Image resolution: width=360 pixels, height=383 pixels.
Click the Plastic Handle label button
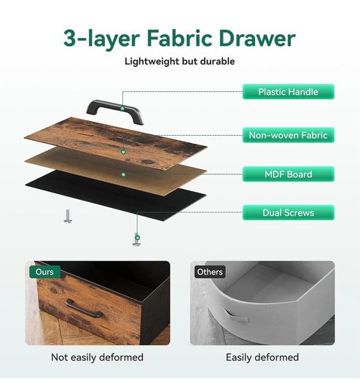click(x=289, y=92)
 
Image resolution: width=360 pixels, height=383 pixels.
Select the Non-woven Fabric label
click(x=289, y=135)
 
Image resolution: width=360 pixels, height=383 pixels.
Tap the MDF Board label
click(x=289, y=174)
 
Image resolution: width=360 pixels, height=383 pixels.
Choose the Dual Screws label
click(x=289, y=212)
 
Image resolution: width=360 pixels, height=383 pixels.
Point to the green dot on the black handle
click(x=122, y=108)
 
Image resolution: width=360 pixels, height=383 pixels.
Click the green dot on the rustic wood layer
click(x=123, y=152)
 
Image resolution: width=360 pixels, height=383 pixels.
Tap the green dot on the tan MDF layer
click(x=123, y=174)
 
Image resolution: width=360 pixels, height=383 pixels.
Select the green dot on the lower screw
click(x=138, y=238)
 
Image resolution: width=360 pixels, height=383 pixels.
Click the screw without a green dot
click(x=68, y=217)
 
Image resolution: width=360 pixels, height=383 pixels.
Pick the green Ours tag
click(x=44, y=272)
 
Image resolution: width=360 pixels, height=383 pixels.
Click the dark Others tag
click(x=210, y=272)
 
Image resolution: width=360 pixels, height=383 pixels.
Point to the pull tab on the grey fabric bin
click(x=235, y=317)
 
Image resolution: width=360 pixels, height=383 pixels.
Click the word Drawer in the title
click(x=257, y=39)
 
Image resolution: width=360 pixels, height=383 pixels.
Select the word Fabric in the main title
click(x=179, y=39)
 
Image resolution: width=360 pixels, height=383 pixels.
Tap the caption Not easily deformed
click(x=97, y=357)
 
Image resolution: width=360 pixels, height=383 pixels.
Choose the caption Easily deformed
click(x=262, y=357)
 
